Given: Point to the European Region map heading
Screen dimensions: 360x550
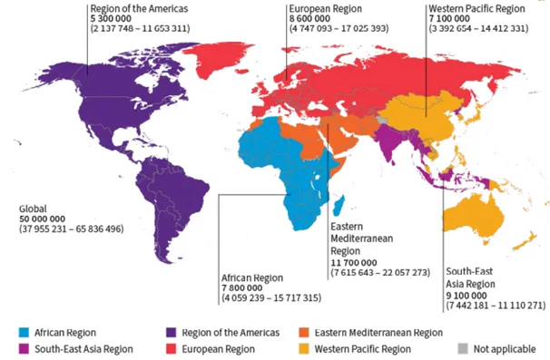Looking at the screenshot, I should point(326,8).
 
